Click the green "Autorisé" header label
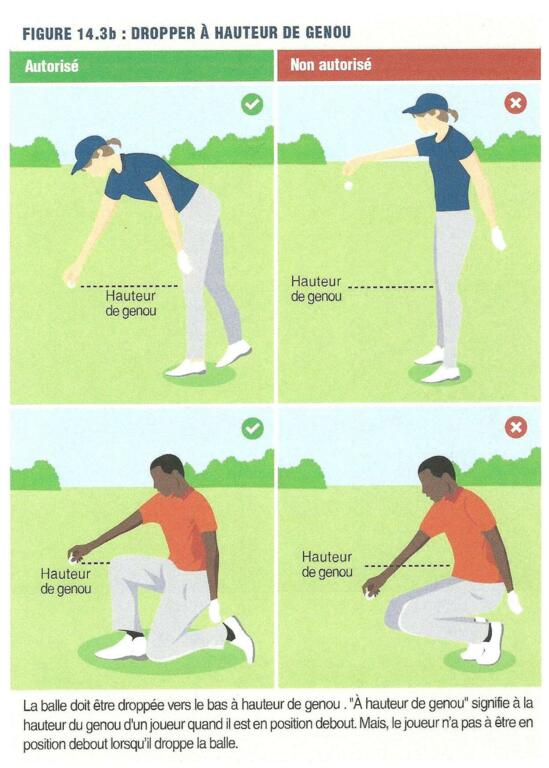(51, 66)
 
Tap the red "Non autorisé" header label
(331, 65)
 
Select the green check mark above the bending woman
(252, 104)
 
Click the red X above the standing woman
(516, 103)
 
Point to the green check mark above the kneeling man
(253, 429)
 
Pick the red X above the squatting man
(516, 428)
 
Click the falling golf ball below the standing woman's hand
(348, 186)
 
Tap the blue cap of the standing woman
(425, 104)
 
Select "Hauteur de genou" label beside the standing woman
(316, 289)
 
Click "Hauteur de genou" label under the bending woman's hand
(131, 303)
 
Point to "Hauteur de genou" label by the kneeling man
(66, 581)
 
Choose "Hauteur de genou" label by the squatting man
(327, 564)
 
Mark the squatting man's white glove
(514, 602)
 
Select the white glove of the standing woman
(499, 239)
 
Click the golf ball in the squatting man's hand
(370, 595)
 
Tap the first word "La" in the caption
(29, 705)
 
